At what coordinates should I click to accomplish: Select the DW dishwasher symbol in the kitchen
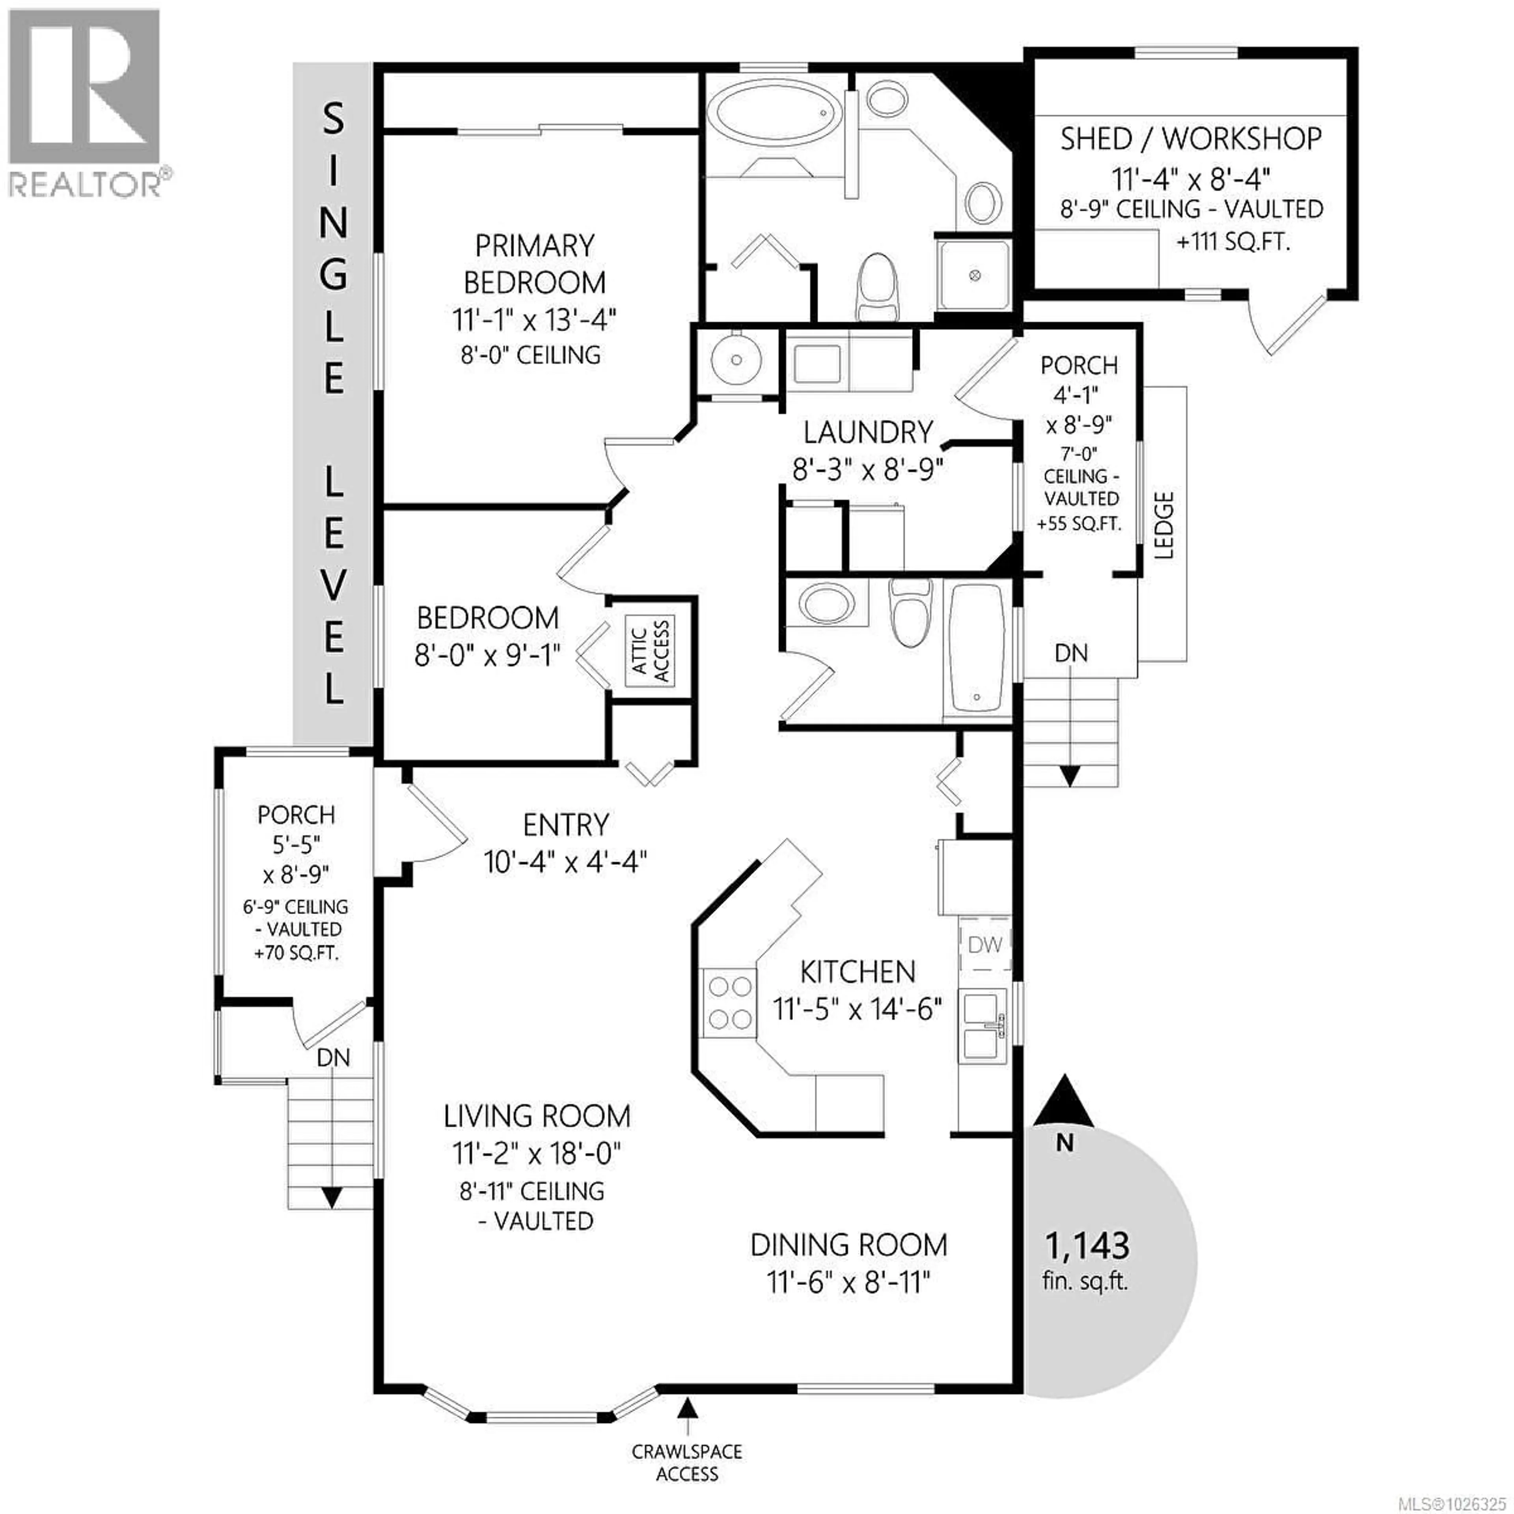point(984,945)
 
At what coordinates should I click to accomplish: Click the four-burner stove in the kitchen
point(729,1003)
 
